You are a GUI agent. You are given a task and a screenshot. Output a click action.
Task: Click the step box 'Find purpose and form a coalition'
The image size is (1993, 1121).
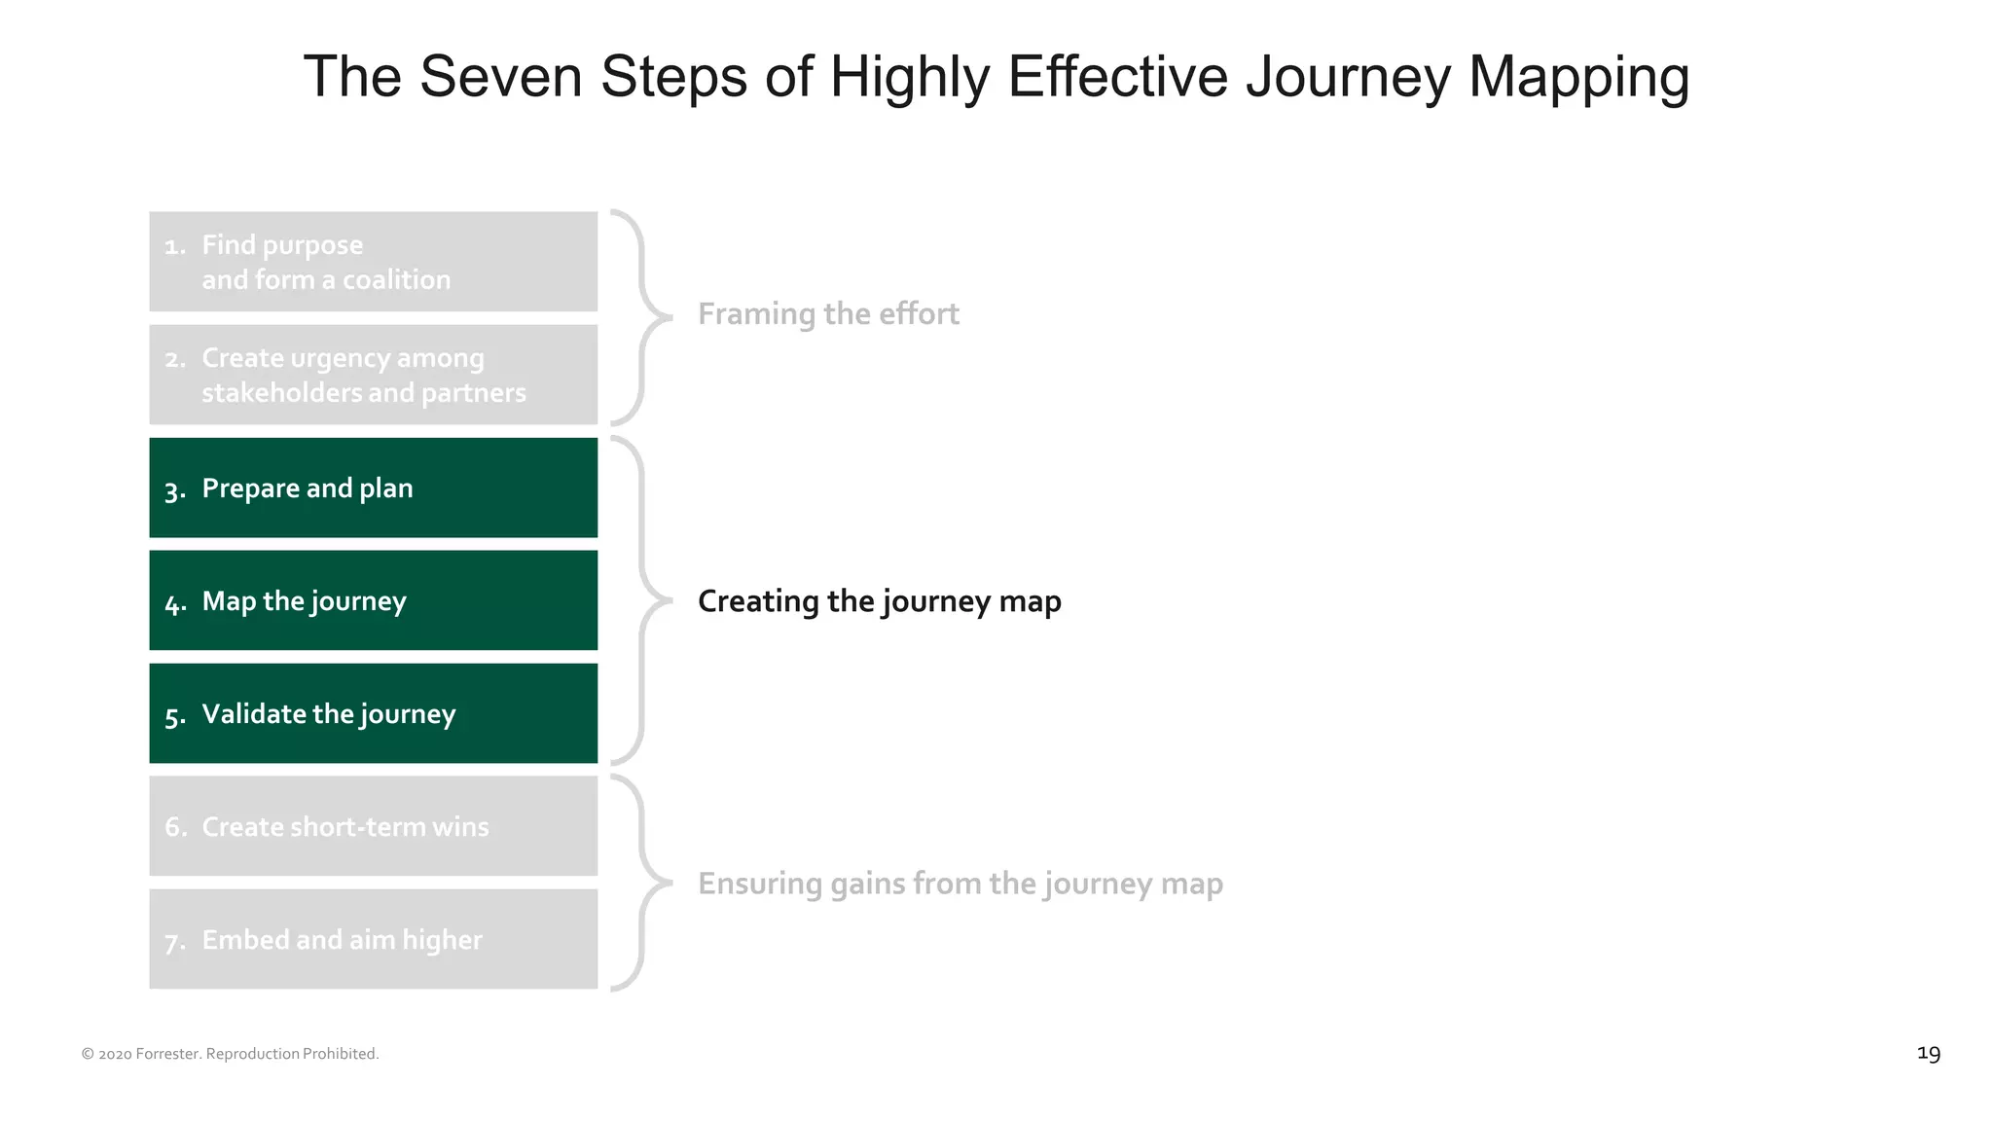click(x=373, y=262)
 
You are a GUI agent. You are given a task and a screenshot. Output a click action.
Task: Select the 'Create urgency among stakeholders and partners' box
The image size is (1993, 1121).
click(x=373, y=375)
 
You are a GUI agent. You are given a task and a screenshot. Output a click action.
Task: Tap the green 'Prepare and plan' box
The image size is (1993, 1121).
click(x=373, y=488)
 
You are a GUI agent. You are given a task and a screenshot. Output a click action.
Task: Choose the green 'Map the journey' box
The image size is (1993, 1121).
click(x=373, y=600)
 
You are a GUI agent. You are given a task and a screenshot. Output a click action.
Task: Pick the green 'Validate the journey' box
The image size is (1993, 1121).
click(x=373, y=713)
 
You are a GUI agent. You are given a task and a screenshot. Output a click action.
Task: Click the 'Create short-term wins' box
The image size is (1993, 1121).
click(x=373, y=826)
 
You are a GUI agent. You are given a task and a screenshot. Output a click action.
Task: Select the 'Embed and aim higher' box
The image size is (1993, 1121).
click(x=373, y=939)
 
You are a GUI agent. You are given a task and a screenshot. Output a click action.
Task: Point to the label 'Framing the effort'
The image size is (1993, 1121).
click(x=828, y=314)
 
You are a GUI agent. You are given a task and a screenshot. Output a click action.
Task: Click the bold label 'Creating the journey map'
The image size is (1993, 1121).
click(x=879, y=601)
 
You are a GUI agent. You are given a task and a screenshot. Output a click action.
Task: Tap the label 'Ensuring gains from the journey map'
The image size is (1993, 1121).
click(x=960, y=884)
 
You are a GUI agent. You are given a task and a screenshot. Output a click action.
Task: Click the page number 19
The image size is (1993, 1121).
click(x=1928, y=1054)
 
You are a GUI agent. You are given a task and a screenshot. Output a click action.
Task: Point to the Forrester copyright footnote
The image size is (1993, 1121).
click(x=230, y=1054)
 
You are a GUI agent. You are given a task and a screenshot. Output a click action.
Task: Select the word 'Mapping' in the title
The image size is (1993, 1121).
click(x=1578, y=77)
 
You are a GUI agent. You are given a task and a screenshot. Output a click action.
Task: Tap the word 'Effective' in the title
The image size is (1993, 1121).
click(x=1118, y=77)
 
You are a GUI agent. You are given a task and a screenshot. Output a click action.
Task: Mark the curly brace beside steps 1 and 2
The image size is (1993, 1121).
click(x=641, y=317)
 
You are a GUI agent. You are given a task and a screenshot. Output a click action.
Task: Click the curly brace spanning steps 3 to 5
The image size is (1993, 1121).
click(x=642, y=600)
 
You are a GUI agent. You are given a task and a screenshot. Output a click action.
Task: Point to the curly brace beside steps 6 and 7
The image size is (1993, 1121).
click(x=642, y=883)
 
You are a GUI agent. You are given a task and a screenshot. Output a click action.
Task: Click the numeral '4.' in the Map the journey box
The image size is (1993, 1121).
click(x=175, y=604)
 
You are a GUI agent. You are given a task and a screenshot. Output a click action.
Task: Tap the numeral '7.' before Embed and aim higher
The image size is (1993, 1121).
click(x=175, y=942)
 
